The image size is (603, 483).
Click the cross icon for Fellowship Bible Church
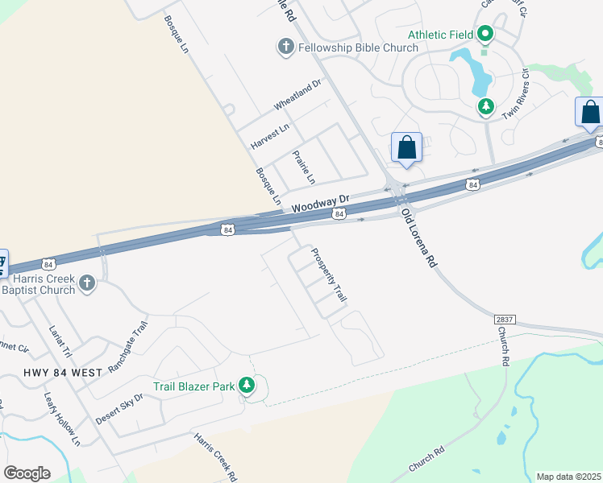coord(285,47)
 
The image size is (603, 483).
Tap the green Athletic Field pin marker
coord(485,35)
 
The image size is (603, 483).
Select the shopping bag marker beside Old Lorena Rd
coord(406,148)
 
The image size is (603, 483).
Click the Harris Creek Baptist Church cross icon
coord(88,283)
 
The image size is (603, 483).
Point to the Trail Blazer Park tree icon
coord(248,386)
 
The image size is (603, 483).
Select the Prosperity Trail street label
coord(329,275)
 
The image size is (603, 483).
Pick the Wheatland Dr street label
coord(297,95)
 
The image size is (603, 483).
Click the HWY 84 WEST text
coord(63,373)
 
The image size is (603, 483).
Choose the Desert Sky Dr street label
coord(119,408)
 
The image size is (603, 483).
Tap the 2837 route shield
coord(505,320)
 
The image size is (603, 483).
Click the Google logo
coord(27,473)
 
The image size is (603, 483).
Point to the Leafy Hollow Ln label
coord(64,425)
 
